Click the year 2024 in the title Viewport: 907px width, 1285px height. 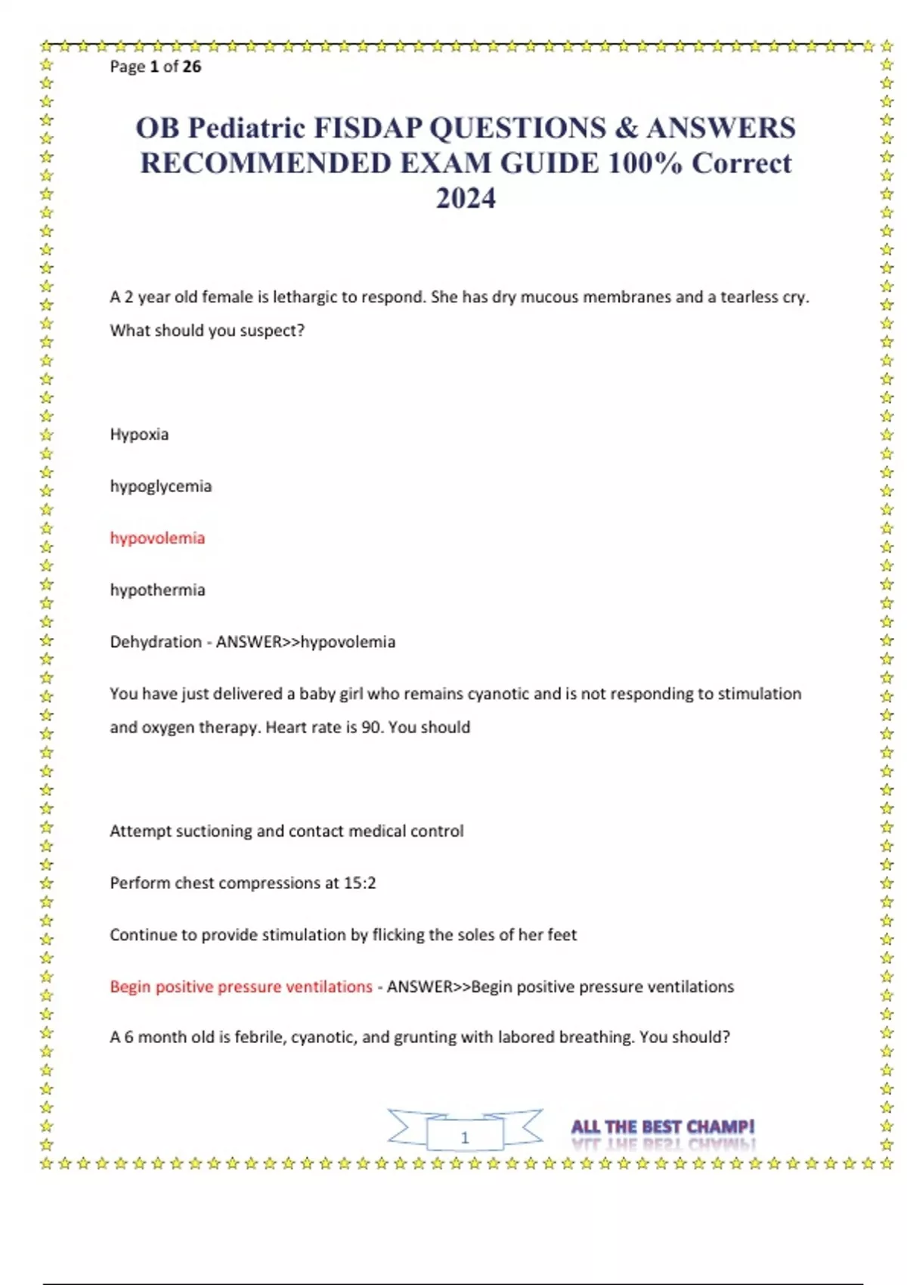tap(466, 198)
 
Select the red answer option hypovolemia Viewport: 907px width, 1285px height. tap(157, 538)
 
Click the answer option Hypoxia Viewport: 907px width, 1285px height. tap(139, 435)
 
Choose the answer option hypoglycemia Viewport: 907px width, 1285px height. tap(160, 486)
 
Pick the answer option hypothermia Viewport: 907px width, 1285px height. tap(157, 590)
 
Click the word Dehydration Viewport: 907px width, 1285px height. tap(156, 642)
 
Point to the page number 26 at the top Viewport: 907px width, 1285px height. tap(192, 67)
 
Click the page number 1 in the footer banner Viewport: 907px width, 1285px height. tap(465, 1137)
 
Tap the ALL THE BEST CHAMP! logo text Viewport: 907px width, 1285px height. tap(663, 1127)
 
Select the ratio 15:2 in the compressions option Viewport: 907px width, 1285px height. tap(360, 883)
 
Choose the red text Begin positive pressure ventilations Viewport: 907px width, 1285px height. tap(241, 986)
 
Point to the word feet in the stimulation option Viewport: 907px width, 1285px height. tap(562, 935)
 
